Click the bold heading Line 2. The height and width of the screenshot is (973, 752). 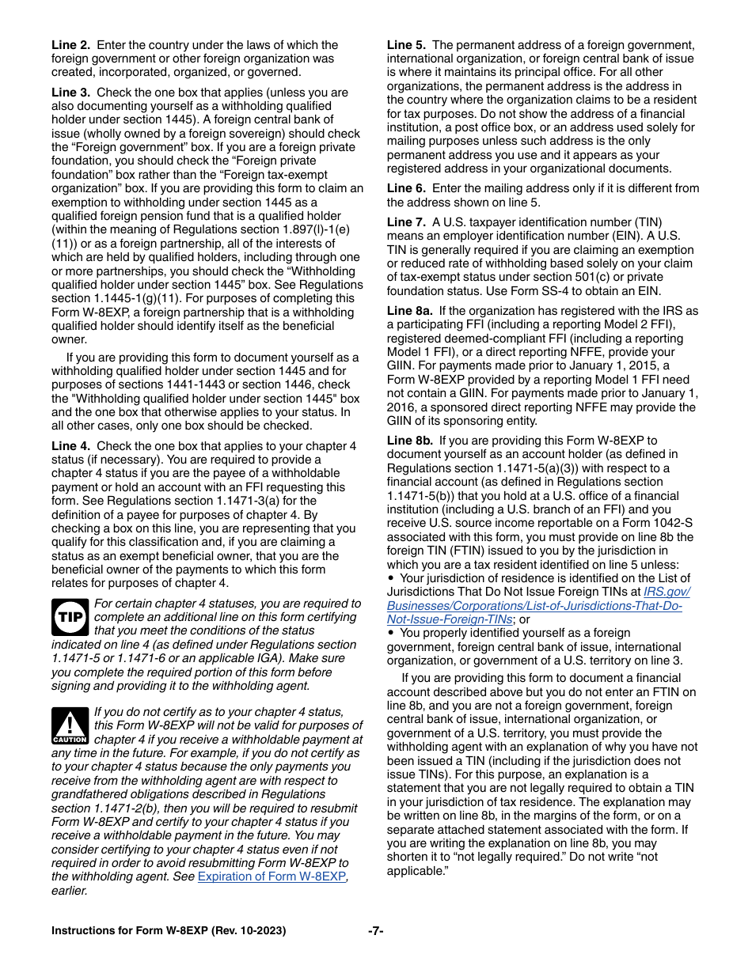[x=70, y=45]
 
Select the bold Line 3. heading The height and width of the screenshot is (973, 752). [x=70, y=93]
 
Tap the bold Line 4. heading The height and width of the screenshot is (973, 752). [x=70, y=446]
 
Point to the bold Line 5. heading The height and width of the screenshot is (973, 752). [x=406, y=45]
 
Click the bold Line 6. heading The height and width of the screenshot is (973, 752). [x=406, y=188]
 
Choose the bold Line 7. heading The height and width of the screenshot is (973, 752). [x=406, y=221]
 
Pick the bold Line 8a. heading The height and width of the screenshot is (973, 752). [x=409, y=311]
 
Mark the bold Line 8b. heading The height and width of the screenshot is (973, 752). [x=409, y=441]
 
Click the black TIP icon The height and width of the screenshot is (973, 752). [x=70, y=618]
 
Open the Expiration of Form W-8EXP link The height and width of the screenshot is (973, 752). [x=272, y=876]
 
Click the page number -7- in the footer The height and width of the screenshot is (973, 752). [x=376, y=931]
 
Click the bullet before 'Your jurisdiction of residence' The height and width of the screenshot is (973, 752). [x=391, y=578]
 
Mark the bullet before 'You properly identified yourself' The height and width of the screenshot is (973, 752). [x=391, y=634]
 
